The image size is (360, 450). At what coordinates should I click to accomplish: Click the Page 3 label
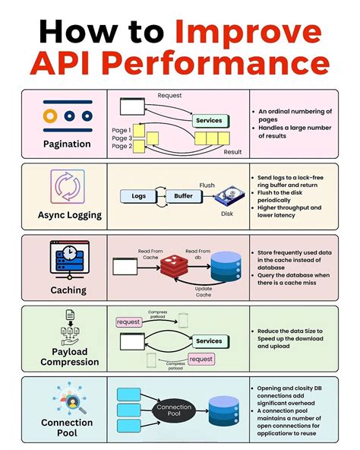[x=122, y=138]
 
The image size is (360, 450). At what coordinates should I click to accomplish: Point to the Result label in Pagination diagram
[x=232, y=152]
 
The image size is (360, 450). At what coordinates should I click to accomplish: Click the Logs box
[x=139, y=196]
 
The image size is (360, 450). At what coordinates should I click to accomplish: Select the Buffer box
[x=183, y=196]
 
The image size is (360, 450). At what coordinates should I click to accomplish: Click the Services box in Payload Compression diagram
[x=208, y=341]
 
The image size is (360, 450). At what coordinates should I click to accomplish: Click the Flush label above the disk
[x=207, y=185]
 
